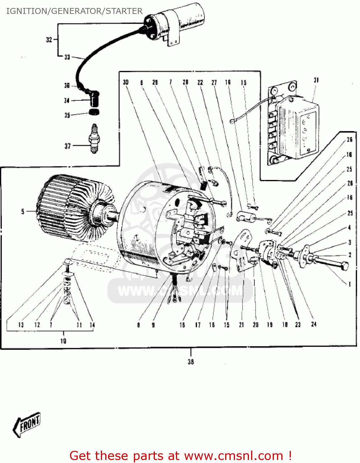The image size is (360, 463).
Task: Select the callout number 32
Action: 49,40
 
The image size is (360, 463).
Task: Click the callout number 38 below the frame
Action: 191,362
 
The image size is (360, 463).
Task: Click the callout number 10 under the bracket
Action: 63,341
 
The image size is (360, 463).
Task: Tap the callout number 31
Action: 316,80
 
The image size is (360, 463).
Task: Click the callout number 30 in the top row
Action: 126,82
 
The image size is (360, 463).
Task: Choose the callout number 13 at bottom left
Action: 21,325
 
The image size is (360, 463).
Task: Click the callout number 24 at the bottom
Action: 314,324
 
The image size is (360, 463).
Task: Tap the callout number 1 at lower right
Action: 350,284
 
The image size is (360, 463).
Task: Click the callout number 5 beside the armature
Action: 23,211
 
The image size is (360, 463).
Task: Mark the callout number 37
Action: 68,146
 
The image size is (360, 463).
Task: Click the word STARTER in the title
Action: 124,11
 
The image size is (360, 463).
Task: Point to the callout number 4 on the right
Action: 350,227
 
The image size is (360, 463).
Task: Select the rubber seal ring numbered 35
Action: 94,112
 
